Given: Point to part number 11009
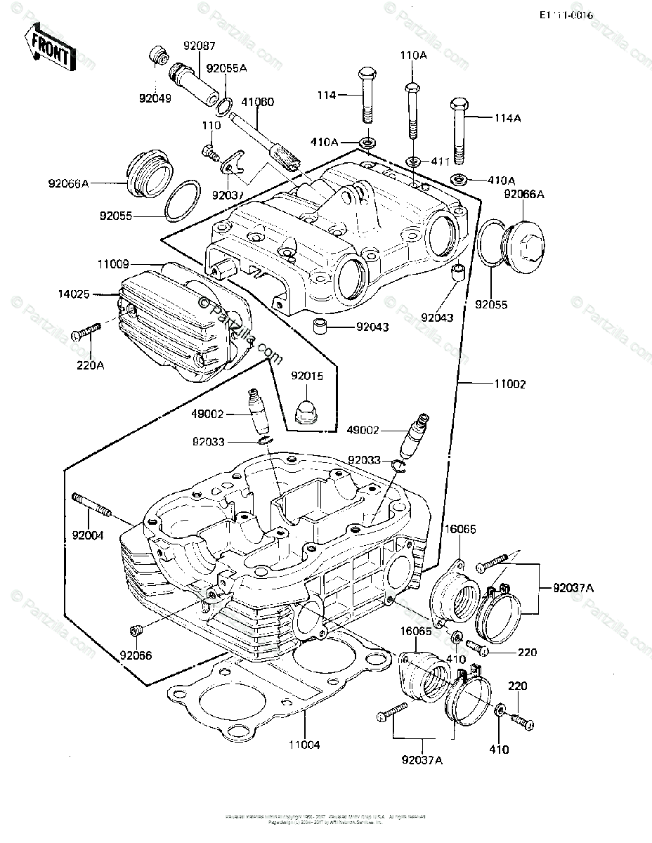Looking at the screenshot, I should pyautogui.click(x=113, y=266).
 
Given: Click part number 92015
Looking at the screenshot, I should pyautogui.click(x=307, y=377).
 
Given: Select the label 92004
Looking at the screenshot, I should pyautogui.click(x=88, y=536).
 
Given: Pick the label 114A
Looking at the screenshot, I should pyautogui.click(x=507, y=119).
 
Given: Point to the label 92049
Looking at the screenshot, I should pyautogui.click(x=155, y=99).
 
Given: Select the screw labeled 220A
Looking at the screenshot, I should pyautogui.click(x=86, y=333).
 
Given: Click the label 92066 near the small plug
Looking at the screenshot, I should pyautogui.click(x=136, y=656).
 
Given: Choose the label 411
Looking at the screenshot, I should pyautogui.click(x=441, y=162).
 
